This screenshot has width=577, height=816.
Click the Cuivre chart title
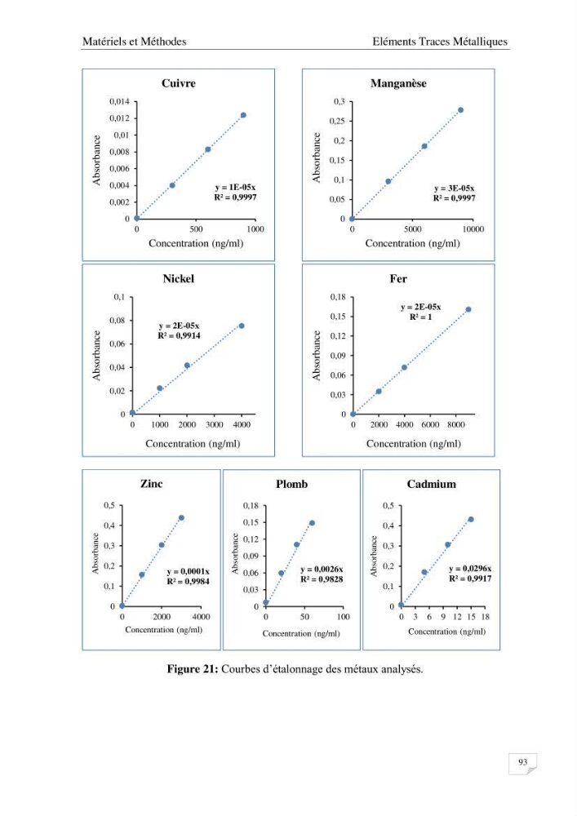pyautogui.click(x=179, y=83)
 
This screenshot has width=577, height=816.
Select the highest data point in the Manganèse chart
pyautogui.click(x=460, y=110)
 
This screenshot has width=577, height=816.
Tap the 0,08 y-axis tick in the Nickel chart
pyautogui.click(x=117, y=321)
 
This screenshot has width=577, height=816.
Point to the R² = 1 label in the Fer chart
pyautogui.click(x=421, y=317)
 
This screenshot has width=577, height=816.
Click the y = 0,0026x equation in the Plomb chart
pyautogui.click(x=322, y=570)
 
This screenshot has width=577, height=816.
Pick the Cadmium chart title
pyautogui.click(x=431, y=484)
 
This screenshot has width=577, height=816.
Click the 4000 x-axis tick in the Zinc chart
pyautogui.click(x=202, y=617)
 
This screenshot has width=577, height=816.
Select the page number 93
pyautogui.click(x=523, y=762)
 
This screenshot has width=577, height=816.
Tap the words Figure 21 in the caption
pyautogui.click(x=193, y=669)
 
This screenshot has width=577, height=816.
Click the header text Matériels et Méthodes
pyautogui.click(x=134, y=42)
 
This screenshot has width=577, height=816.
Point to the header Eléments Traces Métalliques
pyautogui.click(x=440, y=42)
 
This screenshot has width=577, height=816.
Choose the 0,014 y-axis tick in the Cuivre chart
pyautogui.click(x=119, y=101)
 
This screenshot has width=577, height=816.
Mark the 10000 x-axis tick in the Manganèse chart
pyautogui.click(x=473, y=229)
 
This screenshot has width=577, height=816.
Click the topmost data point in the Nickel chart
pyautogui.click(x=242, y=326)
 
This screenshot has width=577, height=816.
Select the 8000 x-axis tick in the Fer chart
pyautogui.click(x=456, y=424)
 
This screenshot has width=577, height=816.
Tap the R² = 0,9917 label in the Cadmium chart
pyautogui.click(x=470, y=579)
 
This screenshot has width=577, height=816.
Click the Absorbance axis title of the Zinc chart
pyautogui.click(x=95, y=554)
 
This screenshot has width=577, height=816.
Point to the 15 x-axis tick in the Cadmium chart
pyautogui.click(x=471, y=617)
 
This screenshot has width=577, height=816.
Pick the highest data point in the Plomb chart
pyautogui.click(x=313, y=523)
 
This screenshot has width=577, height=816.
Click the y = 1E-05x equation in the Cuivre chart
pyautogui.click(x=235, y=188)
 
